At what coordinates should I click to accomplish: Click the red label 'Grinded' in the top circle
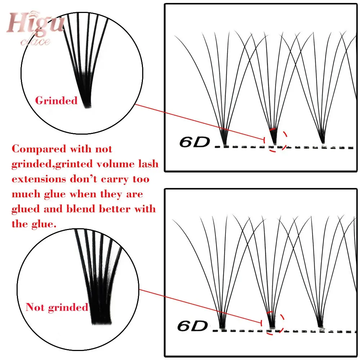56,100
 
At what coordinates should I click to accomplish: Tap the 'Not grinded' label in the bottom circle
57,307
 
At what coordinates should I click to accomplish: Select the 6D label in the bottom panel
193,326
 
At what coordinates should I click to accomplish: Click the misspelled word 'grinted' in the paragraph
71,164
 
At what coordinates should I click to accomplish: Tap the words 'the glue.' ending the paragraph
34,224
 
